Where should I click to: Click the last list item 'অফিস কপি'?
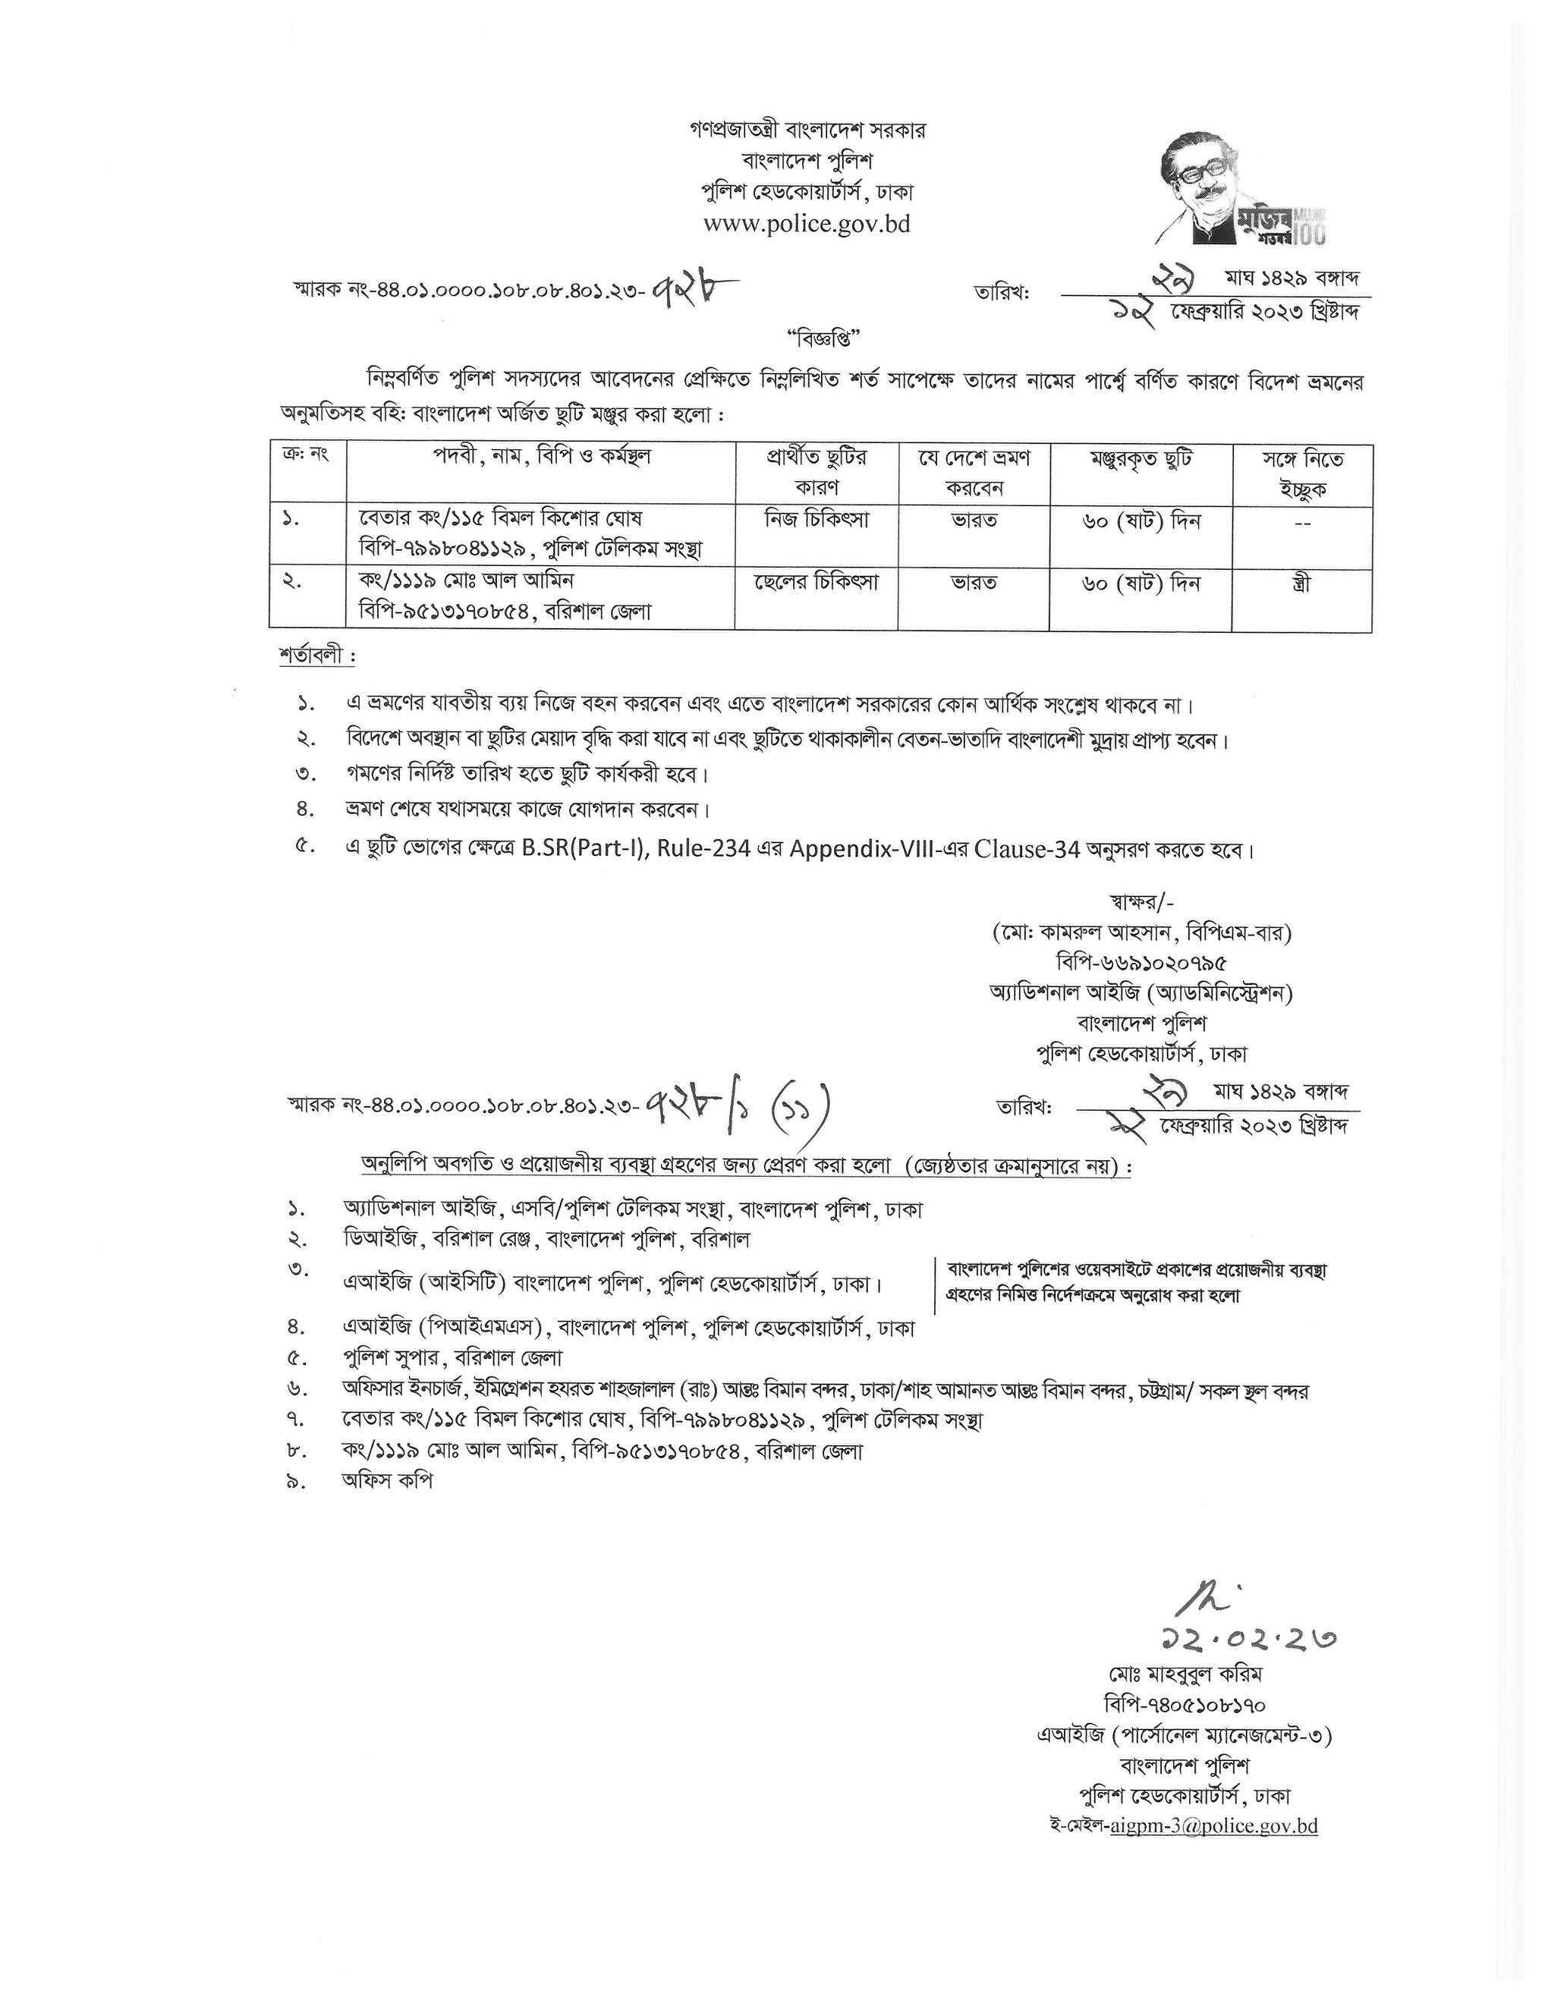tap(386, 1480)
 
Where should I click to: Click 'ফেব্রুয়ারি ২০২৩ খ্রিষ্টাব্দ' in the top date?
tap(1263, 312)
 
